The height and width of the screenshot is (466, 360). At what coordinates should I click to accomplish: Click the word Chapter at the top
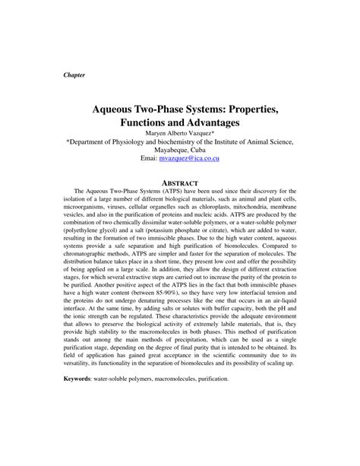coord(74,76)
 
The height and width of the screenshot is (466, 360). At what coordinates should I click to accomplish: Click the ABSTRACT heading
coord(180,183)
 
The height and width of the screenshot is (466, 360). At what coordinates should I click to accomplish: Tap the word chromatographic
coord(90,264)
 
